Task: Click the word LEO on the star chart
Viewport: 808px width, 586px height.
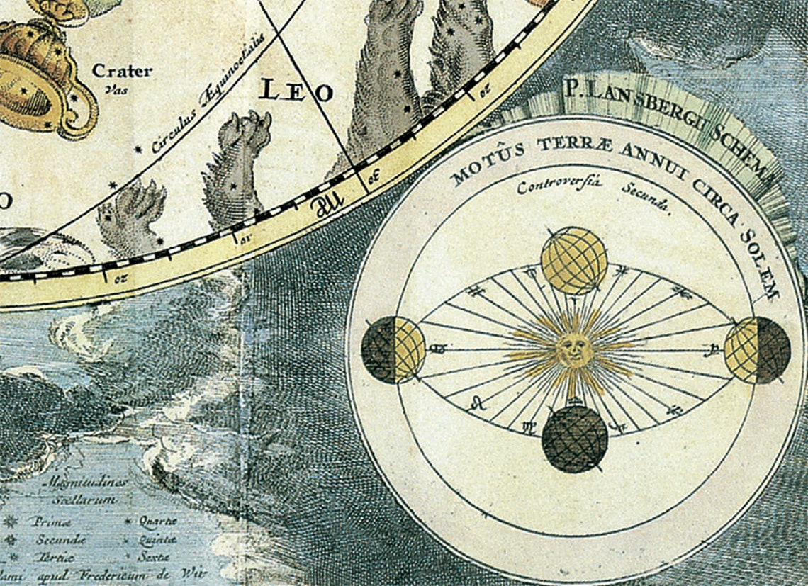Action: [x=296, y=91]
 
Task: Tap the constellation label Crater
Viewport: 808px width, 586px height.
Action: [x=121, y=71]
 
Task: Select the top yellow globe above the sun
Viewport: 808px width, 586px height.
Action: [x=573, y=260]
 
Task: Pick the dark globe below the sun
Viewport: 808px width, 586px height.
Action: [x=575, y=439]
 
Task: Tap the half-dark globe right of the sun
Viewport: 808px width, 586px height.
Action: [x=756, y=350]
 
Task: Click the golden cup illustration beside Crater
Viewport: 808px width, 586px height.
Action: [x=43, y=78]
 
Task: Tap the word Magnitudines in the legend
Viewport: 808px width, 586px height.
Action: [x=86, y=482]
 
